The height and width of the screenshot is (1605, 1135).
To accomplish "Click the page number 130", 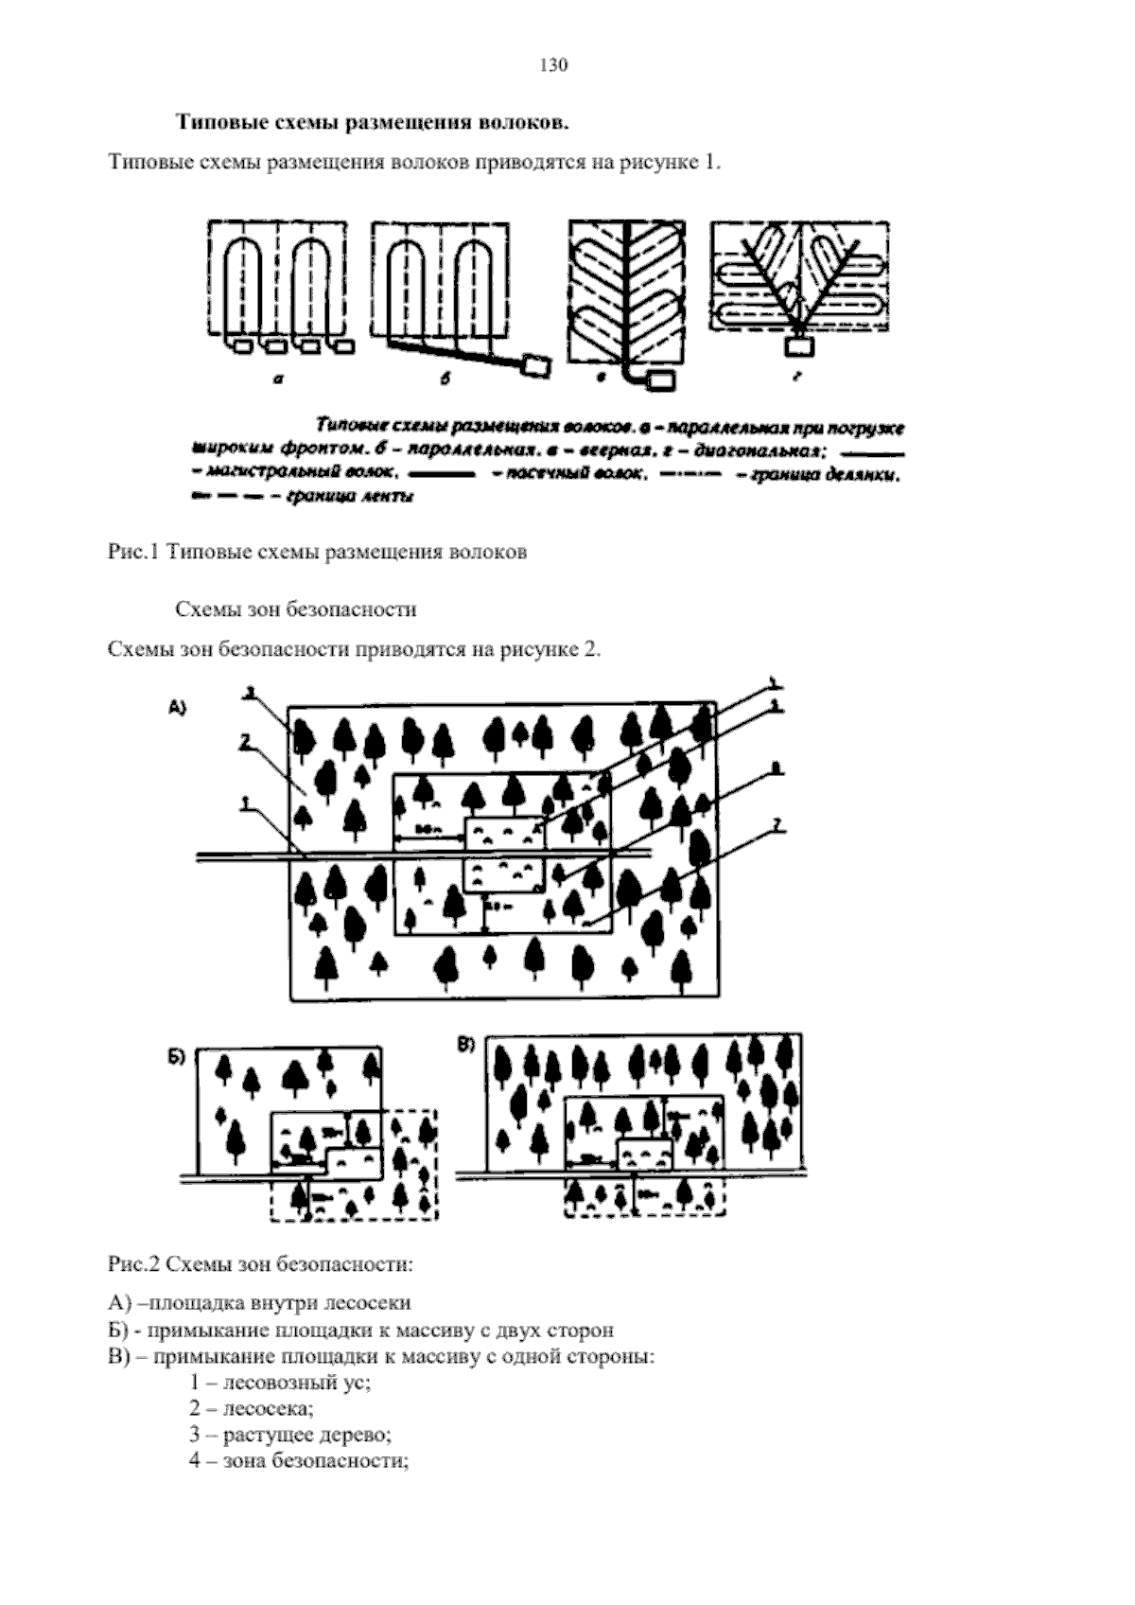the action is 552,65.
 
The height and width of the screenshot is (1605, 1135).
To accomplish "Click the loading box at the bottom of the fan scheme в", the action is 661,379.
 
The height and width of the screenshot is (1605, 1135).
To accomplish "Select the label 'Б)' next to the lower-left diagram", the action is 178,1057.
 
